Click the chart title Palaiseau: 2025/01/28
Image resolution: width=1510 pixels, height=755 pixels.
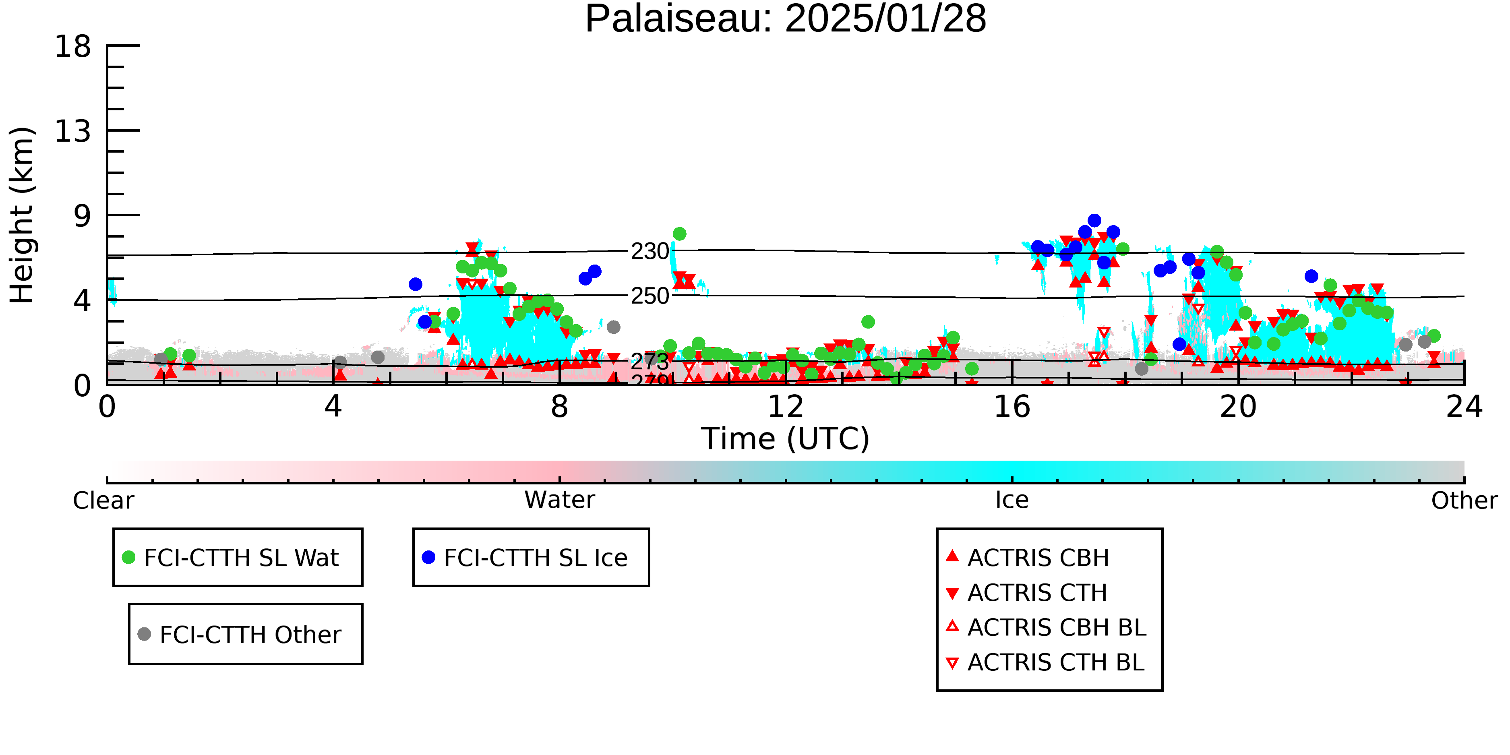tap(786, 19)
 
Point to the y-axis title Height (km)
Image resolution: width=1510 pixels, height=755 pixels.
tap(22, 215)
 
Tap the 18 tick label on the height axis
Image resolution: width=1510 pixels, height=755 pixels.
tap(73, 46)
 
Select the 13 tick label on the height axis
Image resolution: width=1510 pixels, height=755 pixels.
tap(73, 131)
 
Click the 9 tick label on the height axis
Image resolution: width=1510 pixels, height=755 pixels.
tap(82, 216)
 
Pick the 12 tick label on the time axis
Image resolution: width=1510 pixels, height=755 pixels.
tap(786, 406)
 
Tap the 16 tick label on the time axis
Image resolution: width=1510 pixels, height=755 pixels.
tap(1012, 406)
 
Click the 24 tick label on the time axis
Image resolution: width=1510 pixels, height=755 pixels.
tap(1464, 406)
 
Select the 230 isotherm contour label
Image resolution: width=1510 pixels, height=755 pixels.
tap(650, 252)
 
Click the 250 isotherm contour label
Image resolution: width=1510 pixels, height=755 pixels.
tap(650, 296)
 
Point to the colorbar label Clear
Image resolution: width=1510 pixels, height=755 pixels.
tap(103, 501)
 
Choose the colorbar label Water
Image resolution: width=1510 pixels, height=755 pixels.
tap(559, 500)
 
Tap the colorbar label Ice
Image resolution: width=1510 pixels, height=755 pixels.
tap(1012, 500)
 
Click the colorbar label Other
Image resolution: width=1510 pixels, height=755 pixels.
tap(1464, 501)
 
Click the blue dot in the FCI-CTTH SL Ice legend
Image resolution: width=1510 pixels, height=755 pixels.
tap(428, 557)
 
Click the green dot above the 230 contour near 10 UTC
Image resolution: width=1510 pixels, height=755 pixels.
tap(679, 234)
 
